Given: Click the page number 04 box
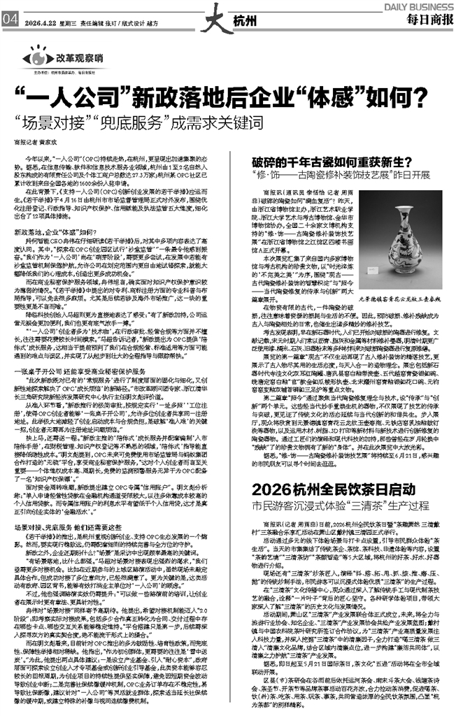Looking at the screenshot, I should pyautogui.click(x=10, y=19).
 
